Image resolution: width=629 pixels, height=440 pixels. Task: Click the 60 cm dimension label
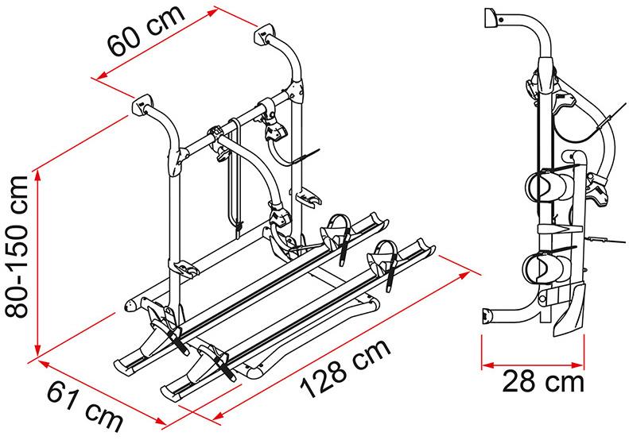pyautogui.click(x=146, y=30)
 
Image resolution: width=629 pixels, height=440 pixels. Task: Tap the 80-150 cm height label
pyautogui.click(x=16, y=247)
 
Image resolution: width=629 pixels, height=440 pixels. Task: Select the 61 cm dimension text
pyautogui.click(x=84, y=406)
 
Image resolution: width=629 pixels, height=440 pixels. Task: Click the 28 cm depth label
pyautogui.click(x=543, y=382)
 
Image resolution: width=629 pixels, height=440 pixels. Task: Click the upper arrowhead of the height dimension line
pyautogui.click(x=38, y=175)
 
